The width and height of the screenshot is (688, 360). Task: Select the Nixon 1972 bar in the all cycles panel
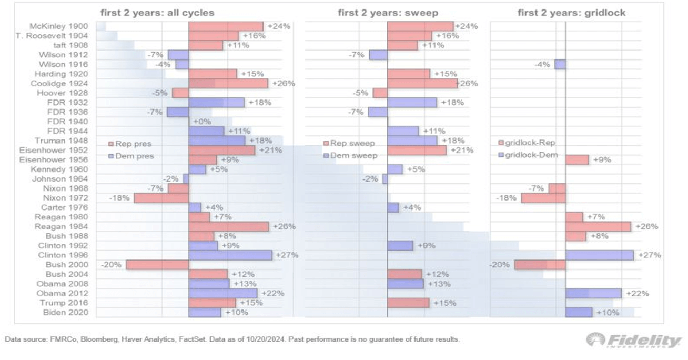click(x=161, y=198)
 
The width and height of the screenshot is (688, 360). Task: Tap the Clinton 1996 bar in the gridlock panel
click(x=599, y=255)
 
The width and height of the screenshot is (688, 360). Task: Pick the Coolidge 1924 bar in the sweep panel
click(x=422, y=84)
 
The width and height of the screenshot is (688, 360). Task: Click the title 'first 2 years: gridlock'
click(x=572, y=13)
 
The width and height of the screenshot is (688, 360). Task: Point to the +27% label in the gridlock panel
click(x=649, y=255)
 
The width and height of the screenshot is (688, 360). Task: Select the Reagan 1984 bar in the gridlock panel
click(x=598, y=226)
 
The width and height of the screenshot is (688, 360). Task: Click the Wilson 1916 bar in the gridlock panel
click(x=560, y=65)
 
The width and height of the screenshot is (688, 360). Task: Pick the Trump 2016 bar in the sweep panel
click(x=408, y=303)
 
